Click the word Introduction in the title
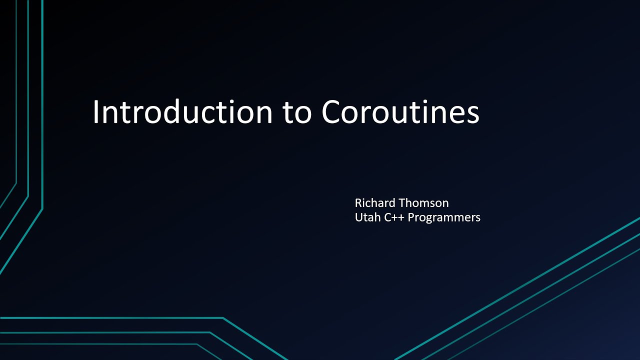click(182, 112)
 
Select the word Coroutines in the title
click(400, 112)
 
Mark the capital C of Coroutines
click(332, 112)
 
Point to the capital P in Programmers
click(411, 217)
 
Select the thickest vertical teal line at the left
click(42, 100)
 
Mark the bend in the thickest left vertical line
click(42, 208)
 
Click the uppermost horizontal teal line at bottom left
click(110, 318)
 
